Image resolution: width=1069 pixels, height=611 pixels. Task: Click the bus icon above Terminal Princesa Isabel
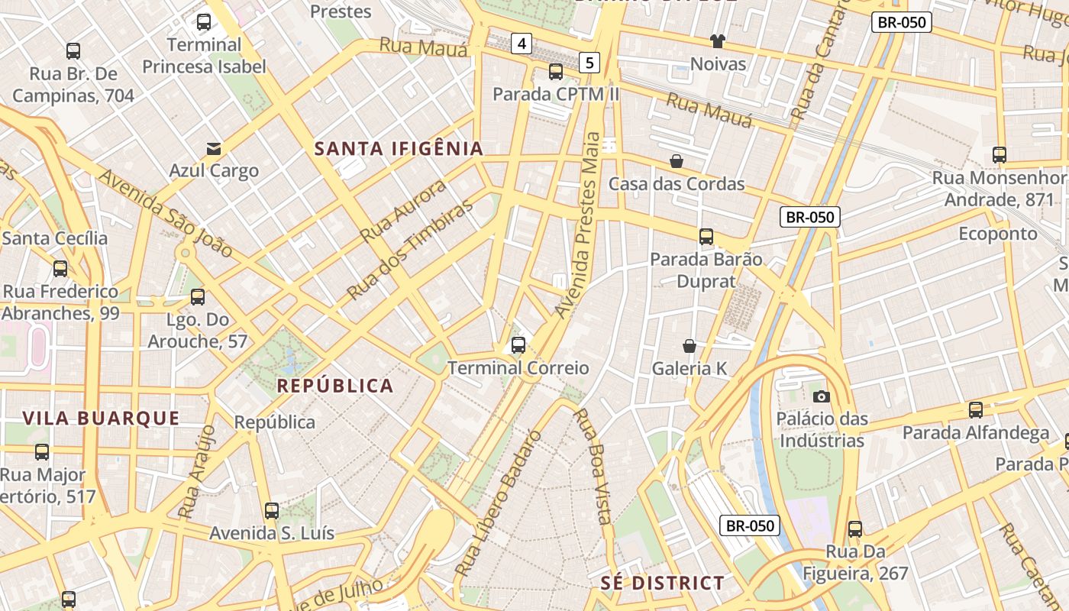[204, 22]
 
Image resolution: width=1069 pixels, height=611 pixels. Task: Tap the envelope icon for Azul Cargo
[214, 148]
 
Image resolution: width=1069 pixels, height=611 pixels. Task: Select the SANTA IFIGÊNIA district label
[399, 149]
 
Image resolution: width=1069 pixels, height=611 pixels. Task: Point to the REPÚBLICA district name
[335, 386]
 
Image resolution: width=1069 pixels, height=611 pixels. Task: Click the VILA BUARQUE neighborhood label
[101, 418]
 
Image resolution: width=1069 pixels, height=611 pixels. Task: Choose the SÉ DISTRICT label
[662, 584]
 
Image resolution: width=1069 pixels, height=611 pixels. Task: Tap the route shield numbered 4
[522, 44]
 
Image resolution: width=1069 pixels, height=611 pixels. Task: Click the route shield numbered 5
[589, 62]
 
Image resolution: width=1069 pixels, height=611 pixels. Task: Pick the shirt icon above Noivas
[718, 41]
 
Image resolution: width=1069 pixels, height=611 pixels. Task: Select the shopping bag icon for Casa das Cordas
[677, 161]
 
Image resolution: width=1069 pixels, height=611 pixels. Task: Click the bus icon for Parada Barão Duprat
[706, 237]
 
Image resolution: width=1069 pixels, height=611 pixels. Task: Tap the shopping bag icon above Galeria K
[690, 346]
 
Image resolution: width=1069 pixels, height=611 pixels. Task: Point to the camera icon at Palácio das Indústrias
[822, 396]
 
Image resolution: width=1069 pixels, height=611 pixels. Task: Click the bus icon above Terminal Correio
[518, 345]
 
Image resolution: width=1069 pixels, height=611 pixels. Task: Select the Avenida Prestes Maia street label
[580, 225]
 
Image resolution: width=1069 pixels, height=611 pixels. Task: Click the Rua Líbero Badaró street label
[498, 504]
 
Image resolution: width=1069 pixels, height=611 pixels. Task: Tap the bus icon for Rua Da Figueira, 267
[855, 529]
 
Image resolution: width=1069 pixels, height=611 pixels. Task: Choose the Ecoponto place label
[998, 234]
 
